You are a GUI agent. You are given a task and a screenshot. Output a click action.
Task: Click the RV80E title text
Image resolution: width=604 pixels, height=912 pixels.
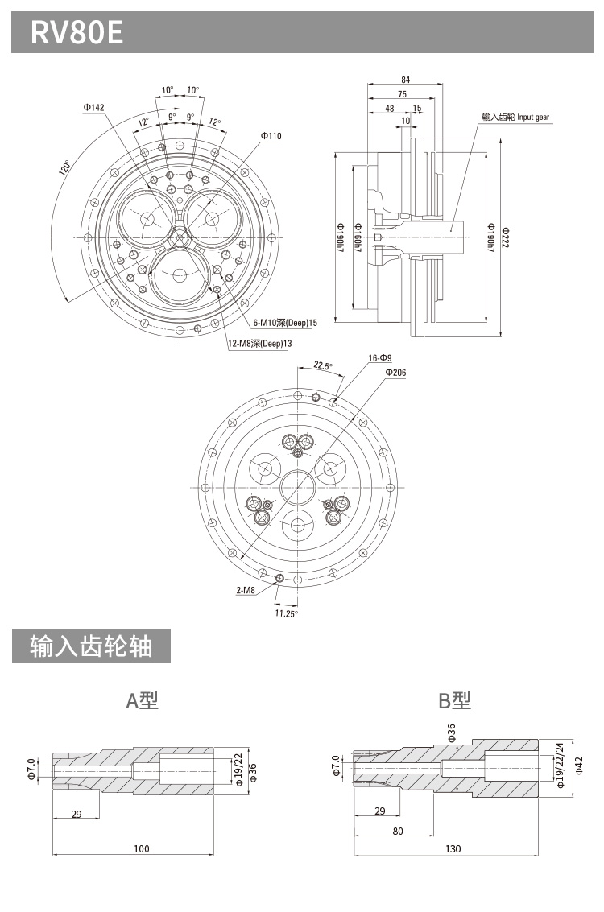tap(77, 32)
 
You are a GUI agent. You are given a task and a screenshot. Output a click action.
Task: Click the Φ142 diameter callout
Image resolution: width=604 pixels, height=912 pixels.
tap(93, 107)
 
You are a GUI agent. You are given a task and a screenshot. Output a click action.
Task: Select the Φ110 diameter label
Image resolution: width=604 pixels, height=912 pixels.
tap(271, 136)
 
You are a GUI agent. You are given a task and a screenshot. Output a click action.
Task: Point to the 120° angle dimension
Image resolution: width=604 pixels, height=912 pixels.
tap(64, 168)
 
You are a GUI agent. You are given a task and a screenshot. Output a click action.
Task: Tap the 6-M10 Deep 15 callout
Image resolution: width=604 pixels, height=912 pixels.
tap(285, 323)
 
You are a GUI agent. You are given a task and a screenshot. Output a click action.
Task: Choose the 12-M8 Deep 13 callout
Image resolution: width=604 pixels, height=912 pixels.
tap(259, 344)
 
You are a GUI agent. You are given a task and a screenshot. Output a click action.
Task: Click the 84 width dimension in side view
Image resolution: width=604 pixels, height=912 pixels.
tap(405, 80)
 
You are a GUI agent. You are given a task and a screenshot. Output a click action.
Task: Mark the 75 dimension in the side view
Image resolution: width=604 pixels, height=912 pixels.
tap(401, 94)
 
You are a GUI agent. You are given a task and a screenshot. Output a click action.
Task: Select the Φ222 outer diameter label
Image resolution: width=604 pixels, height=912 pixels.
tap(505, 237)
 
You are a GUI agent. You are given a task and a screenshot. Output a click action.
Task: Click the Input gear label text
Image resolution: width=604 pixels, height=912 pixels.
tap(515, 118)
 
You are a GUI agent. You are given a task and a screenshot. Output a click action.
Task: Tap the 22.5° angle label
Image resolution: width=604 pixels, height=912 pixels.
tap(322, 365)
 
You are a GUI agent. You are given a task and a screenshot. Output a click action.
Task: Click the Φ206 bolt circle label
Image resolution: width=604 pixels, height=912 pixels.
tap(395, 373)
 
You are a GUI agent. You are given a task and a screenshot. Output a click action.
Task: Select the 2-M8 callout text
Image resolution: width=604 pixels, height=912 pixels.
tap(246, 590)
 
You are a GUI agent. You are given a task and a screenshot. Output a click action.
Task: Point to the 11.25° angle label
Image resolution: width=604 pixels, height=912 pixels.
tap(286, 613)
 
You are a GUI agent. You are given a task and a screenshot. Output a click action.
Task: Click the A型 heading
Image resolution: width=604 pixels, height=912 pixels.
tap(143, 700)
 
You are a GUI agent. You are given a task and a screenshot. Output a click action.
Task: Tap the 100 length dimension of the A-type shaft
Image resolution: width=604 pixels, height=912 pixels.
tap(142, 848)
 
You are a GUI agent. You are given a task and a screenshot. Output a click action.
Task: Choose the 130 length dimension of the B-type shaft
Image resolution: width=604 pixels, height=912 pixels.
tap(453, 848)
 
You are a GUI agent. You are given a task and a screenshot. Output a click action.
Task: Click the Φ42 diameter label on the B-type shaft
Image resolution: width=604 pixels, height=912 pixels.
tap(579, 768)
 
